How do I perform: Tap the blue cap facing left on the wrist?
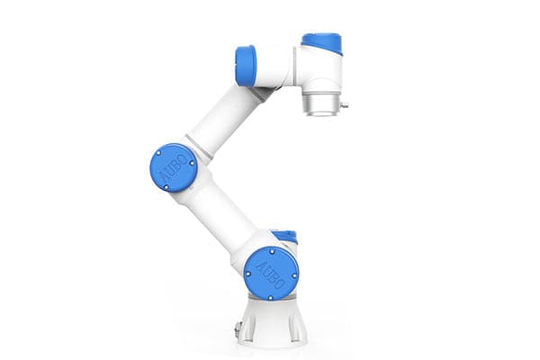(x=245, y=65)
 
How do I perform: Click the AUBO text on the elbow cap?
(x=173, y=167)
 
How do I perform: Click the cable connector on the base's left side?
(x=238, y=328)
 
